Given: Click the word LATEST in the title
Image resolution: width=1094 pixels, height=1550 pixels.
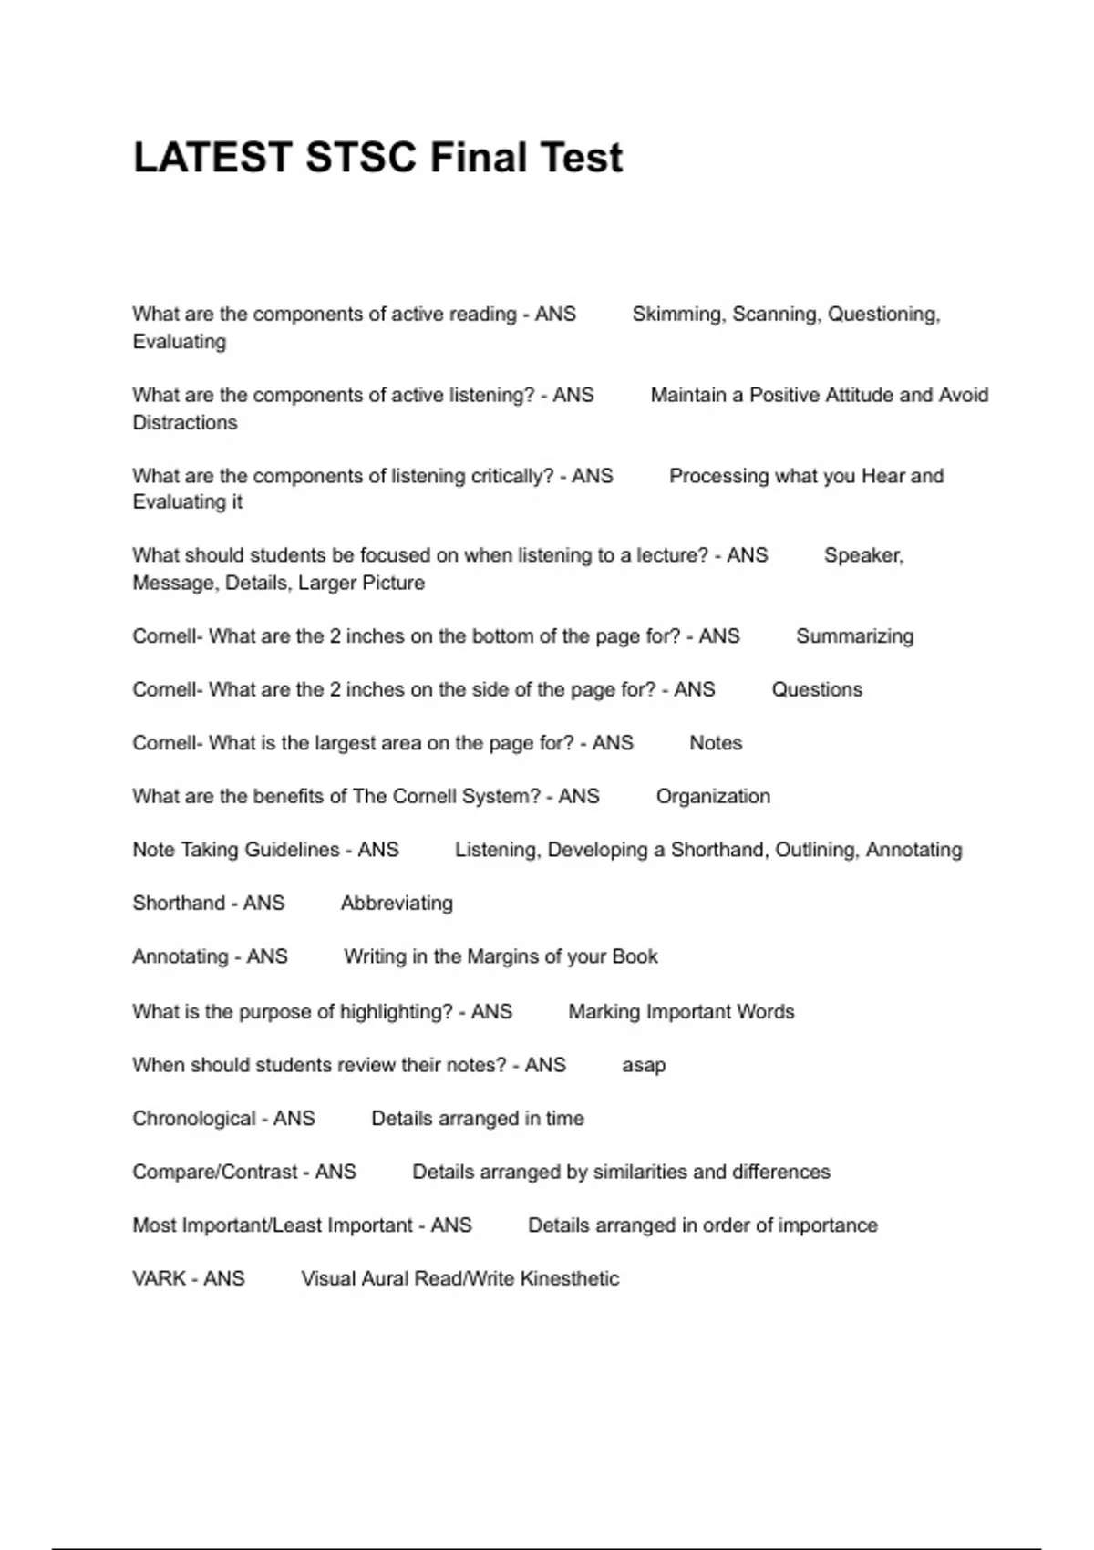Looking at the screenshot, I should click(212, 157).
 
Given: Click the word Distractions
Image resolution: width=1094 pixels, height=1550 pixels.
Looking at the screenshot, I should click(185, 423).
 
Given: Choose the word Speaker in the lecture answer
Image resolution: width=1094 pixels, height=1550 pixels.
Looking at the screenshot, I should click(862, 555).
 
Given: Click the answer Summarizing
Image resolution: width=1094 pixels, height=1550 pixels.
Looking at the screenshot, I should click(854, 636).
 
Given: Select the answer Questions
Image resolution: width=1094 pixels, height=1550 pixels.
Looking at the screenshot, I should click(817, 690).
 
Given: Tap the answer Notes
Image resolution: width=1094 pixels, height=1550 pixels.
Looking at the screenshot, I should click(716, 743).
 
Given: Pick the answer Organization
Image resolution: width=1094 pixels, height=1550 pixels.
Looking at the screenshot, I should click(713, 797).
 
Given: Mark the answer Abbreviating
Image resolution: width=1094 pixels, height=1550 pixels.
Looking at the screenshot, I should click(397, 904).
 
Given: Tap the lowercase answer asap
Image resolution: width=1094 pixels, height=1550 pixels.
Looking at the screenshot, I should click(644, 1066).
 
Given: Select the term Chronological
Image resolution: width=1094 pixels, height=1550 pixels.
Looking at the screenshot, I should click(194, 1119).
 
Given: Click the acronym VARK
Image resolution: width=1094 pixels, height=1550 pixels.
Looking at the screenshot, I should click(160, 1278).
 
